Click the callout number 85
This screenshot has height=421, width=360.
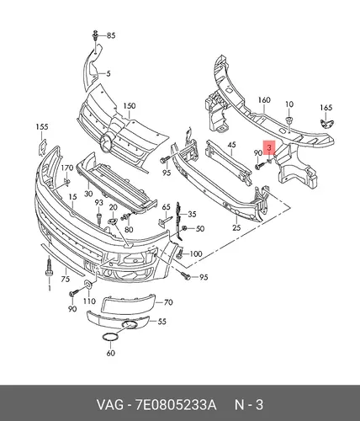111,35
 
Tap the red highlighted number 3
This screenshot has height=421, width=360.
269,147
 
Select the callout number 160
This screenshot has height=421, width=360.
264,100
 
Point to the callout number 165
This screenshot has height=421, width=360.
326,108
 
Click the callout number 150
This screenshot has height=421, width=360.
130,106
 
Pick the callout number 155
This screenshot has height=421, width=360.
42,127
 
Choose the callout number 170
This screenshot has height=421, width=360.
67,168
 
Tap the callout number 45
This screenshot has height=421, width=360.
231,145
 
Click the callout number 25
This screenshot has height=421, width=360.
236,227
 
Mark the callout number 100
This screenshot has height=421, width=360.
196,254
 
